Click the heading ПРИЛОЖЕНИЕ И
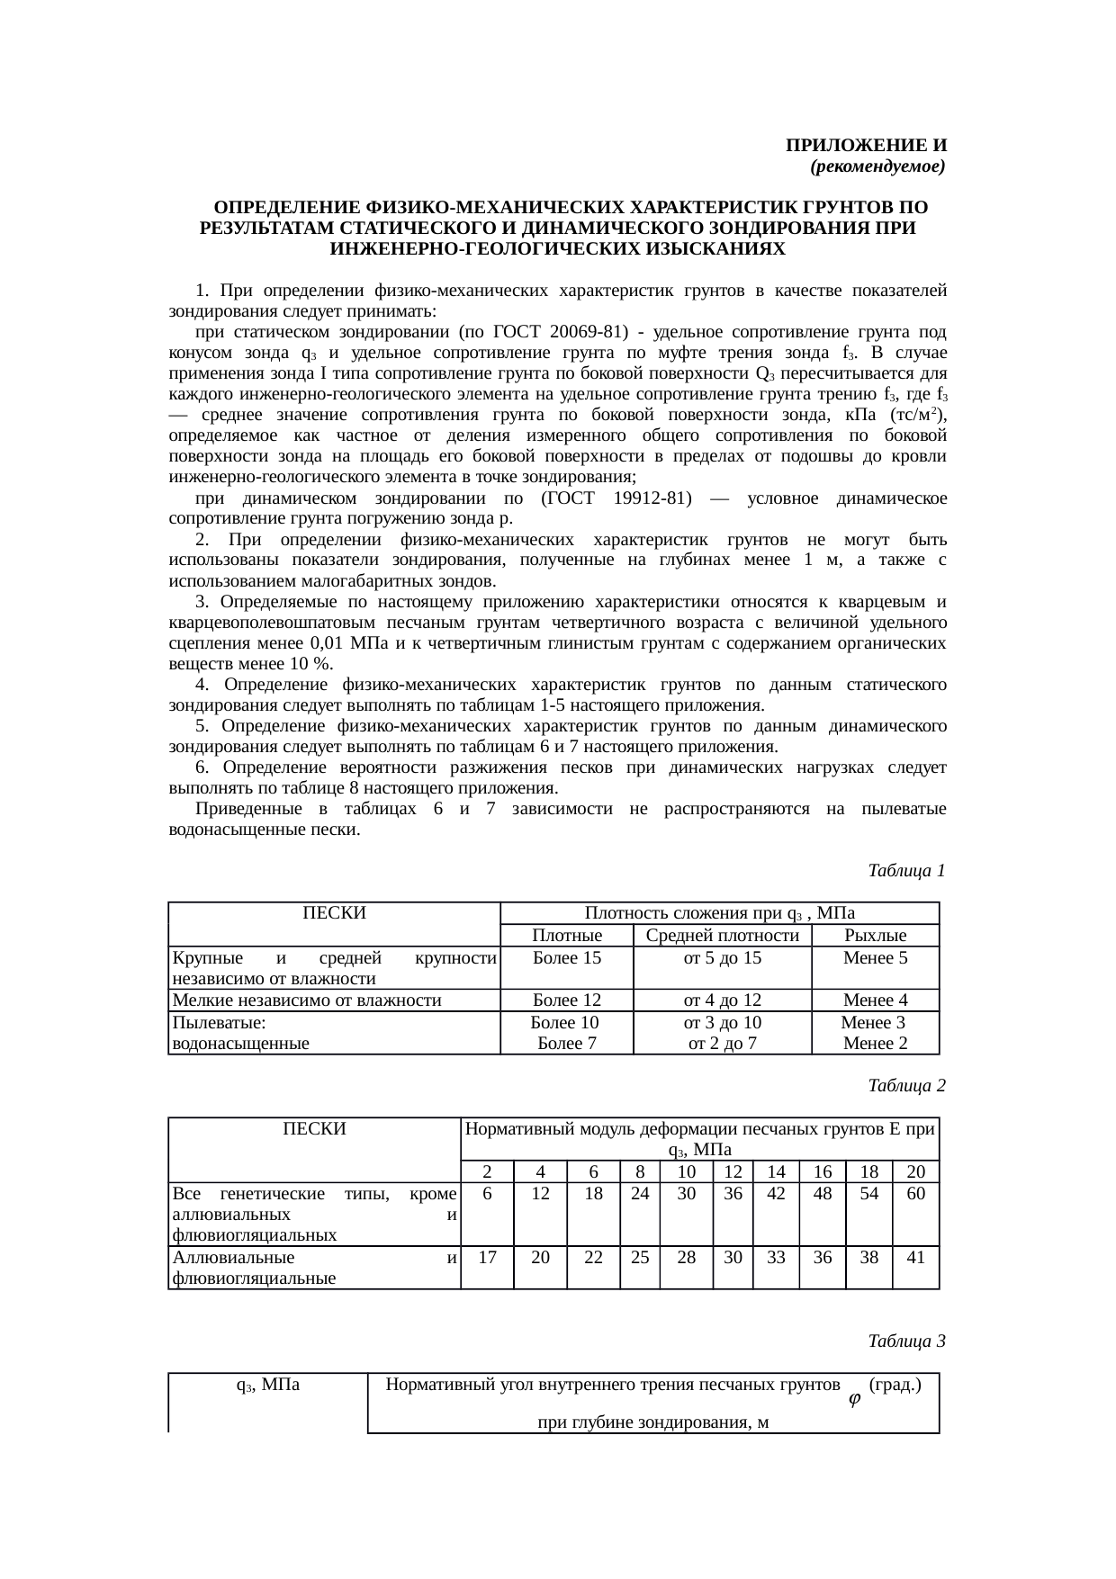point(866,146)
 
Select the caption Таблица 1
point(906,871)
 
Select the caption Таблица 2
point(906,1086)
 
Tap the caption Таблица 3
point(906,1341)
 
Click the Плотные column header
point(567,936)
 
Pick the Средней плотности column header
point(723,936)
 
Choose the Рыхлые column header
point(875,936)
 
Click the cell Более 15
point(567,958)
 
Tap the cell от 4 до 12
point(723,1000)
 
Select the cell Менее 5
point(875,958)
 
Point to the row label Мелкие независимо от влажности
point(307,1000)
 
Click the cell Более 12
point(567,1000)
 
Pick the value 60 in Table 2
point(915,1194)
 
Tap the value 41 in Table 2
point(915,1258)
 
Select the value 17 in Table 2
point(487,1258)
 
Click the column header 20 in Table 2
point(915,1171)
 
